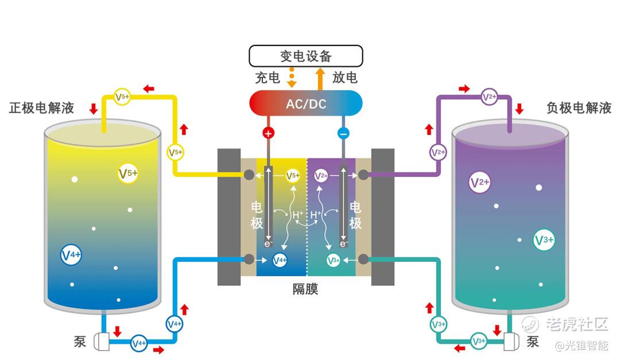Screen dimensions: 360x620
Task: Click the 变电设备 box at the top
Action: pyautogui.click(x=305, y=56)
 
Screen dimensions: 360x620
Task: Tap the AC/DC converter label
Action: pyautogui.click(x=305, y=104)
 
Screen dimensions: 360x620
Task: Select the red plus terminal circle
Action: pyautogui.click(x=268, y=133)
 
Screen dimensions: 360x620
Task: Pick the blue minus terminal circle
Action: pyautogui.click(x=343, y=133)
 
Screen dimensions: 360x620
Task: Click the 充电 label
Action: pyautogui.click(x=268, y=78)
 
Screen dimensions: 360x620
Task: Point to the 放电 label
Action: pyautogui.click(x=344, y=78)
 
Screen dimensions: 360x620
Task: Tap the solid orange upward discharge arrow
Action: pyautogui.click(x=320, y=77)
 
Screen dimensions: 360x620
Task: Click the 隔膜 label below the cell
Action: pyautogui.click(x=305, y=289)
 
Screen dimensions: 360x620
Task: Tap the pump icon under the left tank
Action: pyautogui.click(x=101, y=342)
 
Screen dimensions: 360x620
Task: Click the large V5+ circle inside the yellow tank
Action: pyautogui.click(x=128, y=173)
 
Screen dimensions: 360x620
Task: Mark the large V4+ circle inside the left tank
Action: pyautogui.click(x=71, y=255)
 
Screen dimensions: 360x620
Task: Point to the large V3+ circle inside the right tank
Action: pyautogui.click(x=544, y=241)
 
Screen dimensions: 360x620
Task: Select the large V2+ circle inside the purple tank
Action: pyautogui.click(x=479, y=182)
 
